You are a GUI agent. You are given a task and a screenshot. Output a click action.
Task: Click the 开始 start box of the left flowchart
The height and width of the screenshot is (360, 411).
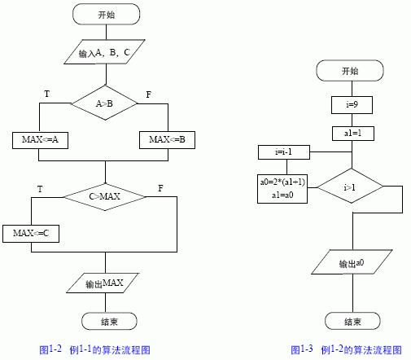[106, 14]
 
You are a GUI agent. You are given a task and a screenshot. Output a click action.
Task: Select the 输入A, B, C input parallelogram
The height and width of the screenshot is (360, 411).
[104, 52]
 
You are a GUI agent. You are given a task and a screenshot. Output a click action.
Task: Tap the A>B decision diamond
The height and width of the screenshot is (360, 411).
[105, 103]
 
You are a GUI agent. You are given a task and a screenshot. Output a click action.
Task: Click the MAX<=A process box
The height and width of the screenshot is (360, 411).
[40, 140]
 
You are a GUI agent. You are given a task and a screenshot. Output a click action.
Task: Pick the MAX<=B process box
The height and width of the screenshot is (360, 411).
[167, 140]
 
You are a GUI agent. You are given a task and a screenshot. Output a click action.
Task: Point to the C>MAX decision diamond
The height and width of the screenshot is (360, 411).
[105, 196]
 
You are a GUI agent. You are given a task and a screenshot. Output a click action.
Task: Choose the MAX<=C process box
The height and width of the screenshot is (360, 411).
[31, 234]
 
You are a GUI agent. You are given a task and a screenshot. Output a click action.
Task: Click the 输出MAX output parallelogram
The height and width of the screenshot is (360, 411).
[103, 283]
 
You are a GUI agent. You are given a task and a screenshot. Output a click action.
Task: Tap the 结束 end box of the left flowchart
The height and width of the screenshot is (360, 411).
[109, 321]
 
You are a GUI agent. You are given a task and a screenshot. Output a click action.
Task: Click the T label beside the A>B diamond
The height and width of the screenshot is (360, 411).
[47, 94]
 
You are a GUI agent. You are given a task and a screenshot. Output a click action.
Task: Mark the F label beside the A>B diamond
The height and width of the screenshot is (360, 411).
[148, 94]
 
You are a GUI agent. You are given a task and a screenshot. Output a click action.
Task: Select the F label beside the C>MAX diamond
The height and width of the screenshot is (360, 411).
[160, 188]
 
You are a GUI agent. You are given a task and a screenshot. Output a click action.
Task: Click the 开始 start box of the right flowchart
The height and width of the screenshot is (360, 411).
[350, 71]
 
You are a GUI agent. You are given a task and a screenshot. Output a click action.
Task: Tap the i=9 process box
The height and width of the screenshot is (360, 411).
[352, 105]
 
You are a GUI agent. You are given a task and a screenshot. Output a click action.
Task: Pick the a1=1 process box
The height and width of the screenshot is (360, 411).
[353, 134]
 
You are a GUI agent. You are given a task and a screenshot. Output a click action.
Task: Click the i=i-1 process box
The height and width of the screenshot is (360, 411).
[284, 152]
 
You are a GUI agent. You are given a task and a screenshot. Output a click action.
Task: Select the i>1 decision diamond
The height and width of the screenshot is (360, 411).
[350, 186]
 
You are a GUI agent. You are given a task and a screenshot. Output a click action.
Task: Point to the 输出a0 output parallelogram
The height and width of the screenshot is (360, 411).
[352, 262]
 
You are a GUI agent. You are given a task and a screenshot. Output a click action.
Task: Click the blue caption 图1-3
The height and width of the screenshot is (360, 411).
[302, 349]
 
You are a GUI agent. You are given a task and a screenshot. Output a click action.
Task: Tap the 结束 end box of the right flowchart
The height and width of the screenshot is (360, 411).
[352, 321]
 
